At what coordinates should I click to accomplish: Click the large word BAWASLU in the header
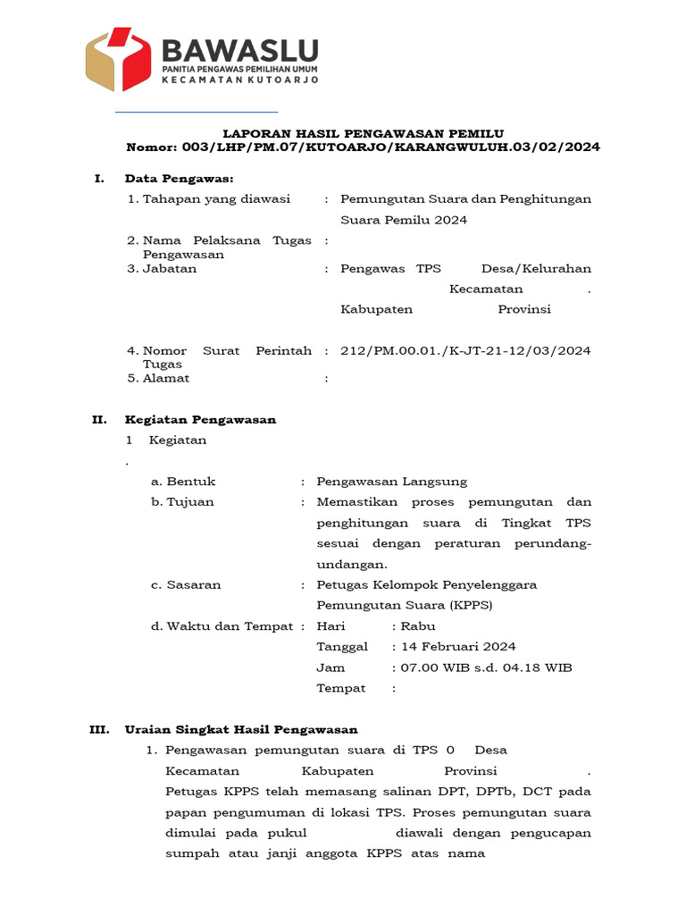pyautogui.click(x=239, y=49)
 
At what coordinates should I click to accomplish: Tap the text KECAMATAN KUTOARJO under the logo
pyautogui.click(x=239, y=80)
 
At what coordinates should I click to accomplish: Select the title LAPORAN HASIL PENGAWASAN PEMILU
pyautogui.click(x=363, y=133)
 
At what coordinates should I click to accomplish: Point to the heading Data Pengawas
pyautogui.click(x=179, y=179)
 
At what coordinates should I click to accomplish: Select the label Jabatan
pyautogui.click(x=170, y=268)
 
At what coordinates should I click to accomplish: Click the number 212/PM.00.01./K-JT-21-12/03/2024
pyautogui.click(x=465, y=351)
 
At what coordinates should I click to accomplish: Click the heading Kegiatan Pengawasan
pyautogui.click(x=200, y=419)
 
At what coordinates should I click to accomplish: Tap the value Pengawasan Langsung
pyautogui.click(x=391, y=482)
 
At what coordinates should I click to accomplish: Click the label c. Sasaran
pyautogui.click(x=186, y=585)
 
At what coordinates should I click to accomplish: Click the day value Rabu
pyautogui.click(x=418, y=626)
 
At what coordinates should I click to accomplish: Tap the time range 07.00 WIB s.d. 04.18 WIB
pyautogui.click(x=487, y=667)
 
